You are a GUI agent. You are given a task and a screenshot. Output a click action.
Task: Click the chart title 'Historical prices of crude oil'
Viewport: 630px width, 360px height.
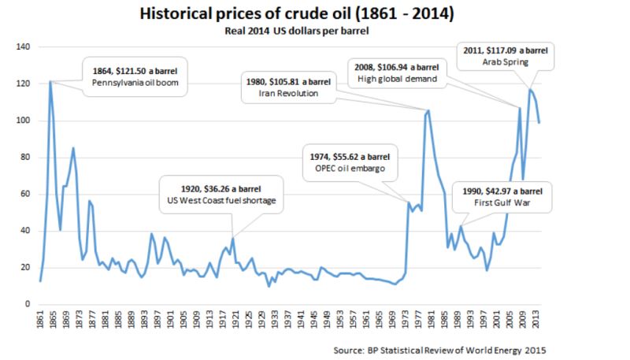[x=314, y=13]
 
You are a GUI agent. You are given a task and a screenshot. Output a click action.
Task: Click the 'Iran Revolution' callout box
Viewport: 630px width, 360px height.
[x=288, y=86]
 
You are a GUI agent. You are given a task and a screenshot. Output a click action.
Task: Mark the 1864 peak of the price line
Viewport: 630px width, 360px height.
[x=50, y=81]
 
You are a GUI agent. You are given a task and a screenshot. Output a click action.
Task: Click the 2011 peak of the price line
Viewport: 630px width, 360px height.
[x=529, y=90]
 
